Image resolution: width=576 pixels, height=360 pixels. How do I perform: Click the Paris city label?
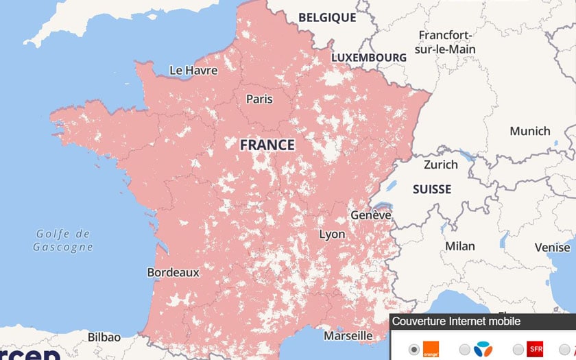click(259, 99)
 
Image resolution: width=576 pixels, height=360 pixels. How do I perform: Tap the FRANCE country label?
click(267, 145)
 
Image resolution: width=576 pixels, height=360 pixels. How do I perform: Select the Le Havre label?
click(193, 71)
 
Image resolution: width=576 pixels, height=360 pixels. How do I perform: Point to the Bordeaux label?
click(173, 272)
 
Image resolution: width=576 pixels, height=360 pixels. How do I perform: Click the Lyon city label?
click(332, 235)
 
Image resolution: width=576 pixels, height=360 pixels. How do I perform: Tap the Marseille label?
click(348, 336)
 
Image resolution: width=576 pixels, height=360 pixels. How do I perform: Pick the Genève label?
click(371, 215)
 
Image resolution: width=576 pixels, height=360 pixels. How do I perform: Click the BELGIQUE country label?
click(327, 18)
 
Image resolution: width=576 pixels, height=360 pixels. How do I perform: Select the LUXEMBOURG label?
click(369, 58)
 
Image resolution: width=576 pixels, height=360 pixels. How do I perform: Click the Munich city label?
click(529, 131)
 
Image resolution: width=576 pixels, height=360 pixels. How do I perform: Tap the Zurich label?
click(441, 165)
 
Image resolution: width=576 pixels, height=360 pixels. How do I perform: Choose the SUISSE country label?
click(432, 189)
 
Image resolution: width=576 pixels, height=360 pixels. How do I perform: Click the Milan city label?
click(460, 246)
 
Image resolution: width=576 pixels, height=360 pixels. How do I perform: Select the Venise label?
click(552, 248)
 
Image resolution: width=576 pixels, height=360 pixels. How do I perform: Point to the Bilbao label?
click(104, 337)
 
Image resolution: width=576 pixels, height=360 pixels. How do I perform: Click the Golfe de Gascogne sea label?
click(63, 241)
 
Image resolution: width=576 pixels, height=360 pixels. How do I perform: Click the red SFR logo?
click(535, 349)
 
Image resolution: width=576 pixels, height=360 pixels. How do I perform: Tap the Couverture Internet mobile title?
click(456, 321)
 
